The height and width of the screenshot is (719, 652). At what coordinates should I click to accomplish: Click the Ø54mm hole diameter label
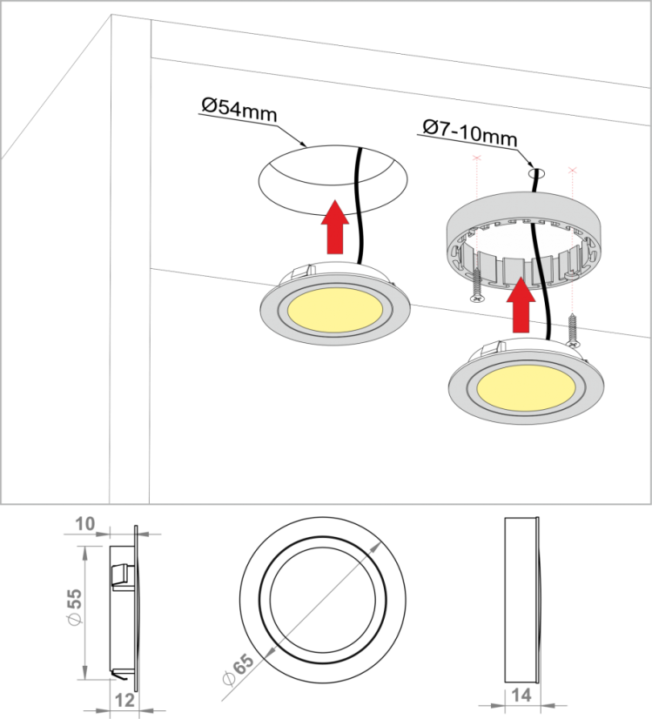click(239, 110)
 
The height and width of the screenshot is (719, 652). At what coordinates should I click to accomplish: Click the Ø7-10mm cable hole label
click(470, 131)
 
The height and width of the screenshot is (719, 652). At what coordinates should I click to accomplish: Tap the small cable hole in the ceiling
click(537, 173)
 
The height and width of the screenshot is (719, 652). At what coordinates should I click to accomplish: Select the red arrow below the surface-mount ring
click(521, 305)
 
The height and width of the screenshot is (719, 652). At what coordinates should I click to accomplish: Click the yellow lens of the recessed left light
click(335, 310)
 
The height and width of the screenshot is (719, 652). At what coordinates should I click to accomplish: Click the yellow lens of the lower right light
click(525, 388)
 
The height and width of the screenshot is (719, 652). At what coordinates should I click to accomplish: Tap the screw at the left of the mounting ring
click(477, 286)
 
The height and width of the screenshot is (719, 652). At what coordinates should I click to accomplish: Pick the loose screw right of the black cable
click(572, 330)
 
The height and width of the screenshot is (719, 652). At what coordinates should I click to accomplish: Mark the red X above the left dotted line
click(477, 158)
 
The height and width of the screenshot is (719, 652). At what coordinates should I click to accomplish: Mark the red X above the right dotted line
click(572, 171)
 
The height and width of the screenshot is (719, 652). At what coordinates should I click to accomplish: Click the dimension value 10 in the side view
click(84, 524)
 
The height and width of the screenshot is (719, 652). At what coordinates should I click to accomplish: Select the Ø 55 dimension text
click(74, 606)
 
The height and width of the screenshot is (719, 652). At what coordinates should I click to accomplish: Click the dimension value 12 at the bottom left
click(124, 700)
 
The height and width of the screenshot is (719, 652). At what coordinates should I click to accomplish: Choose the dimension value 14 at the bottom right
click(521, 695)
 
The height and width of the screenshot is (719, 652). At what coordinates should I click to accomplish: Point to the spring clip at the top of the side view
click(121, 575)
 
